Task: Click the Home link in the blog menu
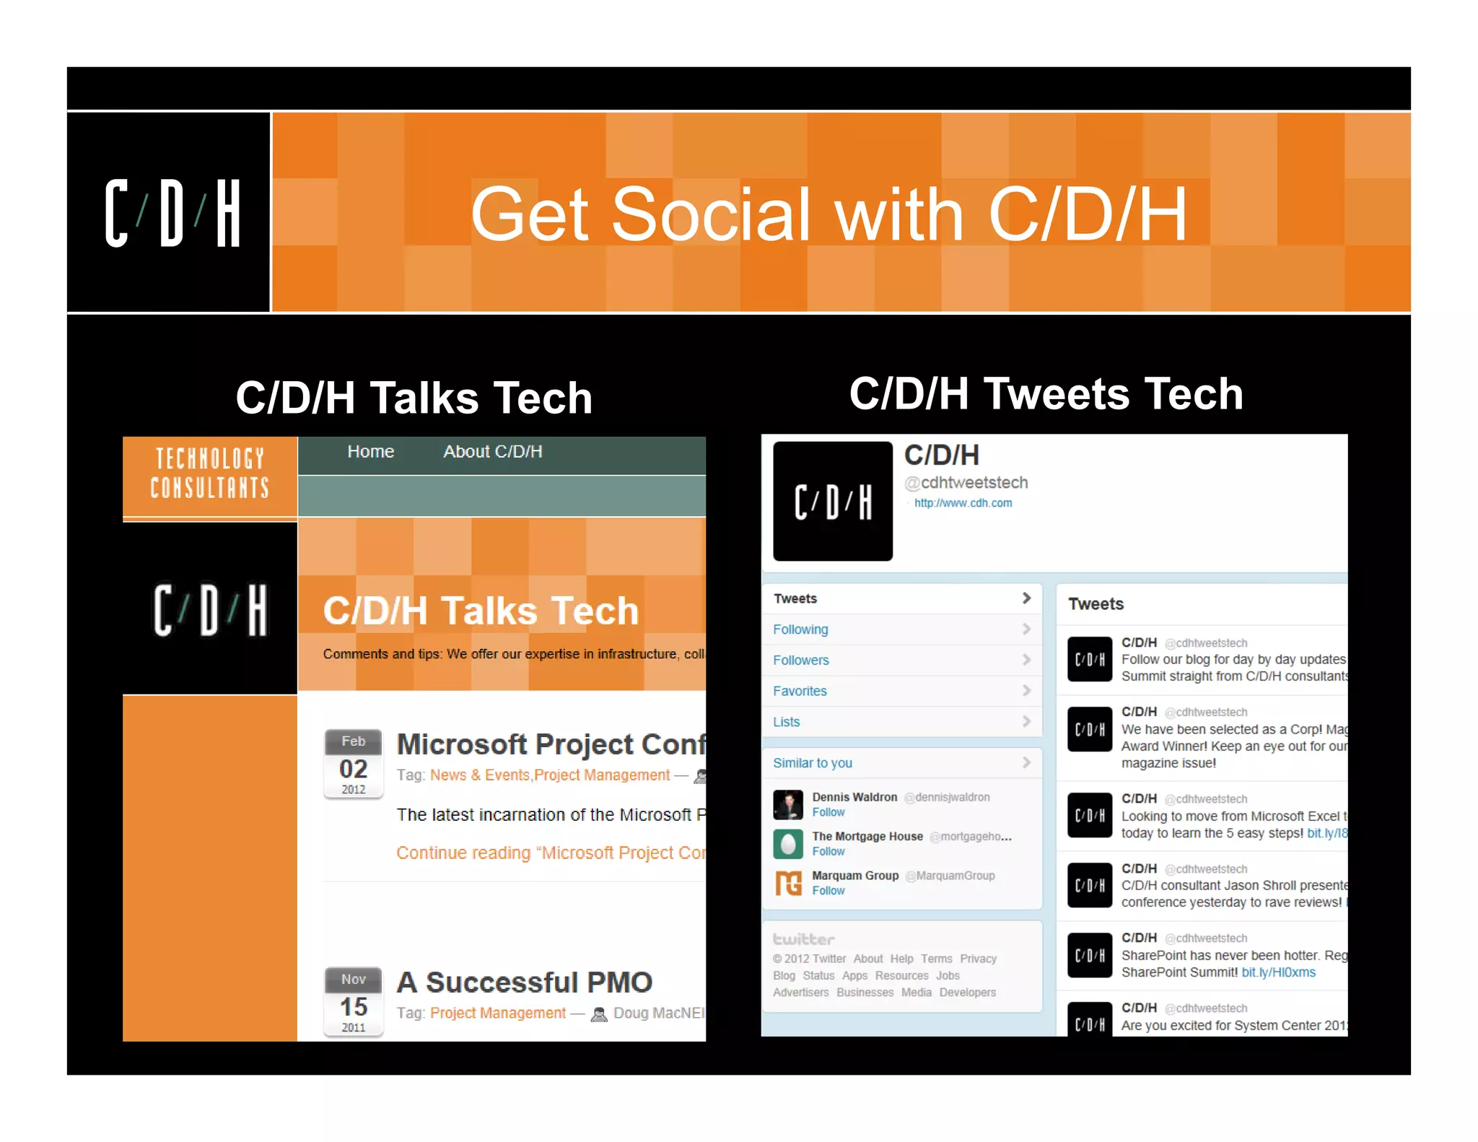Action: (370, 452)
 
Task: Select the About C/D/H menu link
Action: (492, 452)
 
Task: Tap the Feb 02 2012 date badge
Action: (353, 764)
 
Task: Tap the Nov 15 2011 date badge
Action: (353, 1002)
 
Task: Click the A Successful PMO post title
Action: (524, 982)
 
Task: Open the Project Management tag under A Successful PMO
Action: (498, 1014)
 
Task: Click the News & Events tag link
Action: (479, 775)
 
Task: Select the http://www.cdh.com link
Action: (963, 503)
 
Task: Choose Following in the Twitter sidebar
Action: (800, 629)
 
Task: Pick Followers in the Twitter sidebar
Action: (800, 661)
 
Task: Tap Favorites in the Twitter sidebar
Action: (800, 692)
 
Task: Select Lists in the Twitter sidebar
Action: (786, 722)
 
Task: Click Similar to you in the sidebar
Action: (812, 763)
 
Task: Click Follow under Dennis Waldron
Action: (828, 813)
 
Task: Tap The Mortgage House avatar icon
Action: (788, 843)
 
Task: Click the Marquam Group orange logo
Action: (788, 882)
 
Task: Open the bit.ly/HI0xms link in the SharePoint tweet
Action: (1278, 973)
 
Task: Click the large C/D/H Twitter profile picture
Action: (832, 501)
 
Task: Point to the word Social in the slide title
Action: (711, 214)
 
